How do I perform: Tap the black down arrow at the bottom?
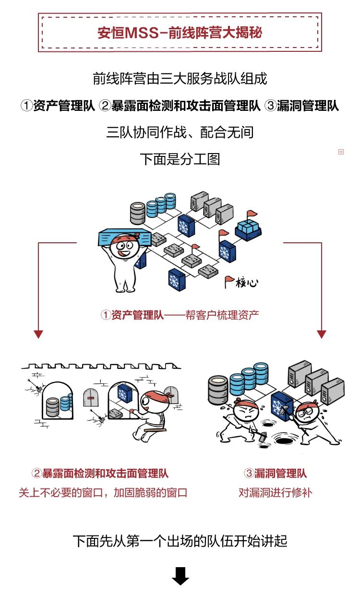[180, 576]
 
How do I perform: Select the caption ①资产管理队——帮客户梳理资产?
[180, 315]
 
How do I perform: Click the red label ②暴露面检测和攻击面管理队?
[100, 474]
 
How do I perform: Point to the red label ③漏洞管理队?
[275, 474]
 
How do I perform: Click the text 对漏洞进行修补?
[275, 493]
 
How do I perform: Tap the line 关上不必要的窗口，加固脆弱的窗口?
[102, 493]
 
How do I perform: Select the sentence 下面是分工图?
[180, 159]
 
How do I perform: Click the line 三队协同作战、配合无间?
[180, 132]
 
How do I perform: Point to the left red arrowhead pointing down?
[38, 334]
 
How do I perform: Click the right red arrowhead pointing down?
[322, 334]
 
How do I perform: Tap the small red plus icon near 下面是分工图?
[341, 152]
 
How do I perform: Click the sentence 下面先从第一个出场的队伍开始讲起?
[180, 541]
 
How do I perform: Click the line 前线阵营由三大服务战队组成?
[180, 79]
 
